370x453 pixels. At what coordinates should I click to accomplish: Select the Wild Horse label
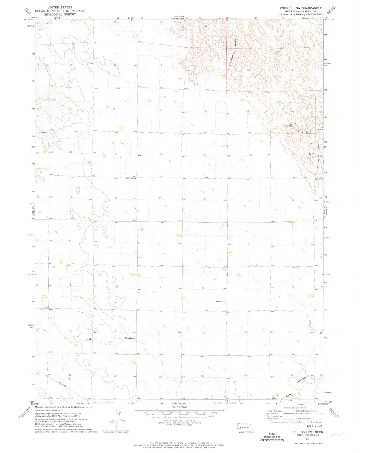pos(304,132)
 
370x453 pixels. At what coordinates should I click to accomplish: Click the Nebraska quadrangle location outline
pos(245,428)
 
